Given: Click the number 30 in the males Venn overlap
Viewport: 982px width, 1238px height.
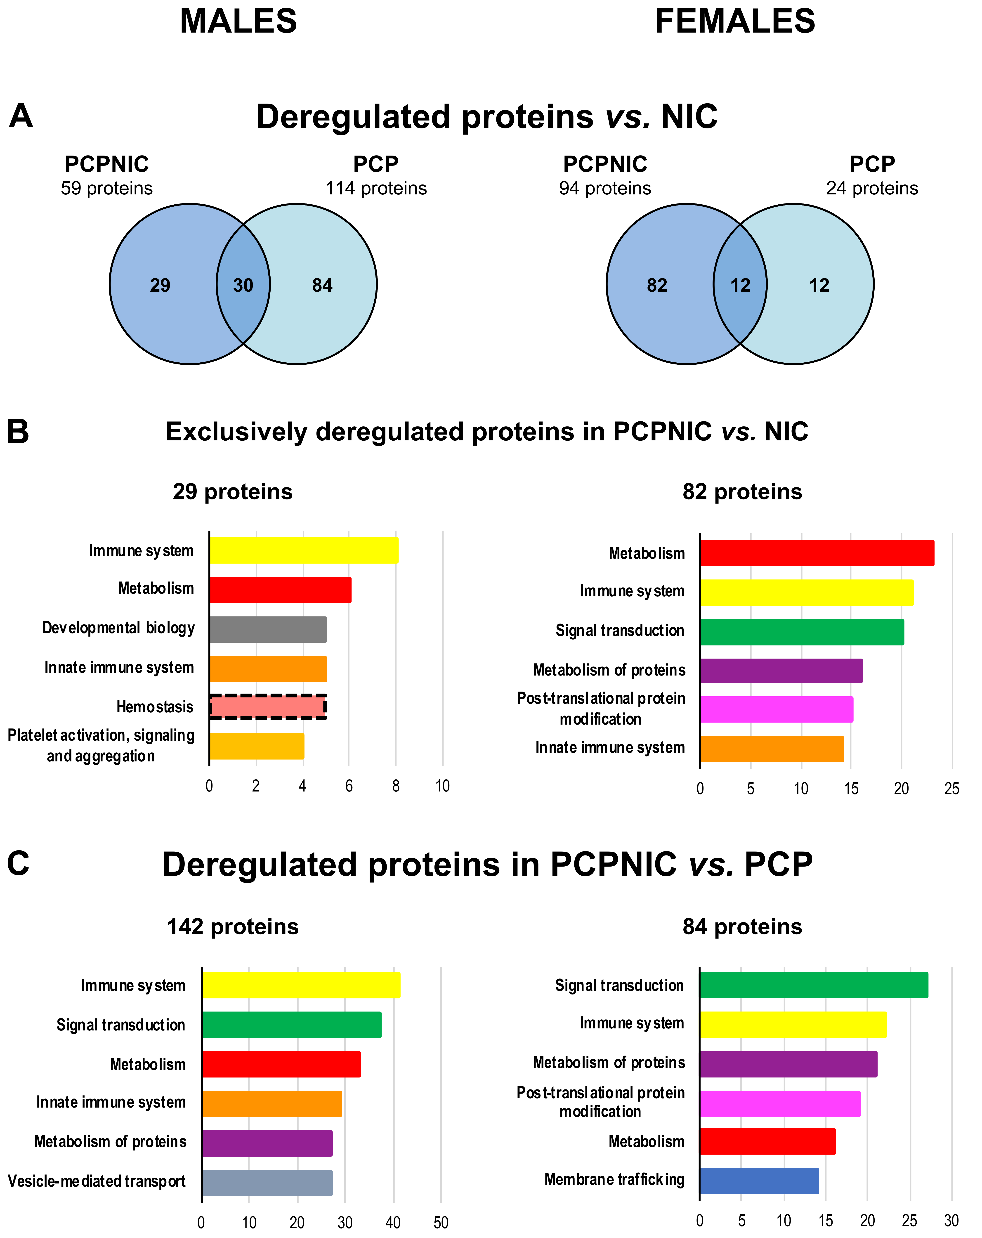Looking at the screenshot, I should pyautogui.click(x=243, y=285).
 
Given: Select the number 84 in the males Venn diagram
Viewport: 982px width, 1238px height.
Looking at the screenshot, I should pyautogui.click(x=322, y=285).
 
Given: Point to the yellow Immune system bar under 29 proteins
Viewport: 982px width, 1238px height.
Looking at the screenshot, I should pyautogui.click(x=303, y=550).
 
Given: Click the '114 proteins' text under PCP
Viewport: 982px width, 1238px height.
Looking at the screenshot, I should pyautogui.click(x=376, y=188).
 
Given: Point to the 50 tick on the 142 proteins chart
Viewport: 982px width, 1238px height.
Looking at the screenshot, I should pyautogui.click(x=440, y=1222).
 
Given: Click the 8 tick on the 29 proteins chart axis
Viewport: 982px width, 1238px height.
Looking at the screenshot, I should pyautogui.click(x=396, y=786).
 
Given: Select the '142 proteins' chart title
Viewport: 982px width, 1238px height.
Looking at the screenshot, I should pyautogui.click(x=233, y=927).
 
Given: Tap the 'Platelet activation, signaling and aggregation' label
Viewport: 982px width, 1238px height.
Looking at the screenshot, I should pyautogui.click(x=101, y=745).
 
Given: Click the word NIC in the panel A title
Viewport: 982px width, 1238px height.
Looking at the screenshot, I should pyautogui.click(x=689, y=117).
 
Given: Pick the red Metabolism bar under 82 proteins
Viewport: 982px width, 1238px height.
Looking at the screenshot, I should pyautogui.click(x=817, y=553).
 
